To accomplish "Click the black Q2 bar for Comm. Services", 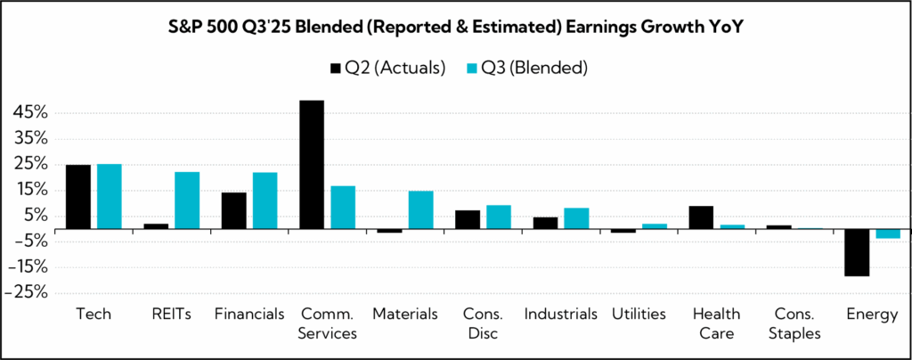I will click(x=312, y=165).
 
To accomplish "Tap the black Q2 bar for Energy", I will click(x=857, y=252).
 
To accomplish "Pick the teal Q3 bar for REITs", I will click(x=187, y=200).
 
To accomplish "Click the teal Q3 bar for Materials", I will click(x=421, y=209).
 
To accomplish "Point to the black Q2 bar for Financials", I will click(x=233, y=210).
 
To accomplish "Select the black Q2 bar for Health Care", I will click(x=701, y=217).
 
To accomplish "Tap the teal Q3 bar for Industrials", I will click(x=577, y=218).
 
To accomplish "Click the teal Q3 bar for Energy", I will click(x=888, y=233).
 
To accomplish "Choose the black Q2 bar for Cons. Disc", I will click(x=468, y=219).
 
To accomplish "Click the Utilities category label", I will click(x=639, y=315).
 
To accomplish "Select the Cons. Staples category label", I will click(x=784, y=323).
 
